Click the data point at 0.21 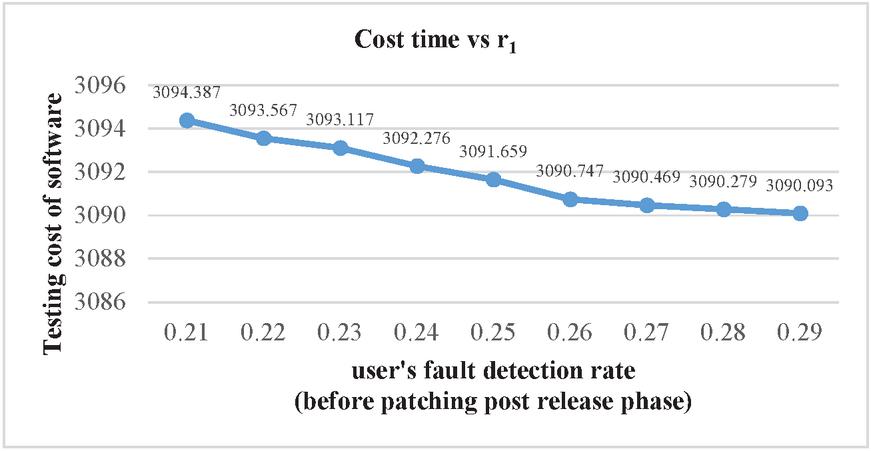point(186,120)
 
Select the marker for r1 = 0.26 point(570,199)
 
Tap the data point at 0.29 point(800,213)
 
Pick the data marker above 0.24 point(416,166)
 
